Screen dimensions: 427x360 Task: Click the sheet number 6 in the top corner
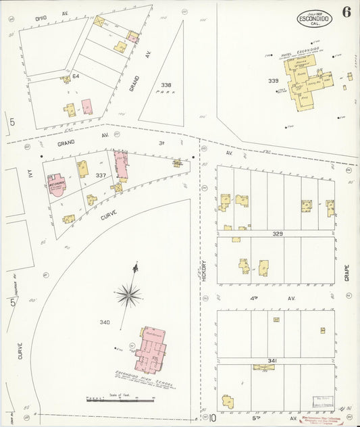coord(346,12)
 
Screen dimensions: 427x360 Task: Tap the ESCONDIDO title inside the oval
coord(314,19)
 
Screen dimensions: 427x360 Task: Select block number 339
coord(274,80)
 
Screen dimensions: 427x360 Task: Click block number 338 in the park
coord(166,84)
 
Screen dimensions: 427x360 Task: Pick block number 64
coord(76,76)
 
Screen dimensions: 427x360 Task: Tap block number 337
coord(101,175)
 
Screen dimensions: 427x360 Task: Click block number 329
coord(277,233)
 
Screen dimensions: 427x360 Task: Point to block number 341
coord(272,361)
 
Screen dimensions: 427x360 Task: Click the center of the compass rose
coord(128,294)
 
